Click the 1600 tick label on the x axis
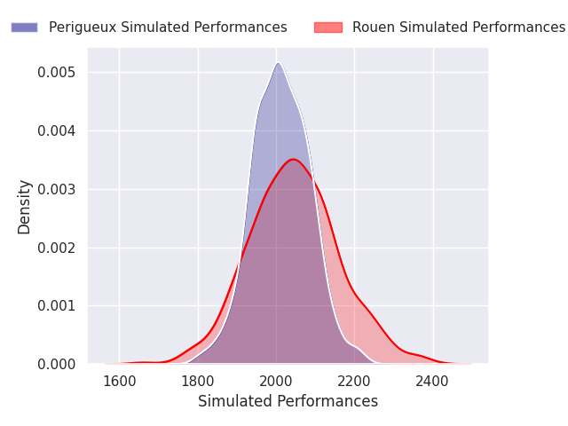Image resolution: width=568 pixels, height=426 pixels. [119, 381]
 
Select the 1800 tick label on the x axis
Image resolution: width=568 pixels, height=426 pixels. [198, 381]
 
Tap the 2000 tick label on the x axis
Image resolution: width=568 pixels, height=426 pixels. [276, 381]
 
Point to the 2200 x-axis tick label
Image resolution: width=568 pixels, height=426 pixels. [354, 381]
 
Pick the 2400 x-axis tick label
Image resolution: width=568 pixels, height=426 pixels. [433, 381]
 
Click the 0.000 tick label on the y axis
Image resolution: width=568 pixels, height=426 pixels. [57, 364]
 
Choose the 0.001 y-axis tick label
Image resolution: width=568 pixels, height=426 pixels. [57, 305]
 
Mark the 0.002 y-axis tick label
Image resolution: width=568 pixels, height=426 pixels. [57, 248]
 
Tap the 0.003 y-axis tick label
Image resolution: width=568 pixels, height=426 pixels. [57, 189]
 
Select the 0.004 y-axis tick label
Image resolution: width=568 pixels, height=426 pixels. [57, 130]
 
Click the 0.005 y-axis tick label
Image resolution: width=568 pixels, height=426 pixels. [57, 72]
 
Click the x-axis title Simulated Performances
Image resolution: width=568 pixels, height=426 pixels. [288, 402]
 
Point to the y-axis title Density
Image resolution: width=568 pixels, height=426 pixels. [25, 206]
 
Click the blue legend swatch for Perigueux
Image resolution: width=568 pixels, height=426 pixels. [24, 28]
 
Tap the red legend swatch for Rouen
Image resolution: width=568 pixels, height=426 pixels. [328, 28]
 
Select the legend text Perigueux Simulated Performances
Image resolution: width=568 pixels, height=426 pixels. [168, 28]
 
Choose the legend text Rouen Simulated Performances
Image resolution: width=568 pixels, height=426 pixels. [459, 28]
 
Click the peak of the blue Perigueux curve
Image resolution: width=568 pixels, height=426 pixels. [278, 63]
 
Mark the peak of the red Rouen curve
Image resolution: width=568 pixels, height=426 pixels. [293, 160]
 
